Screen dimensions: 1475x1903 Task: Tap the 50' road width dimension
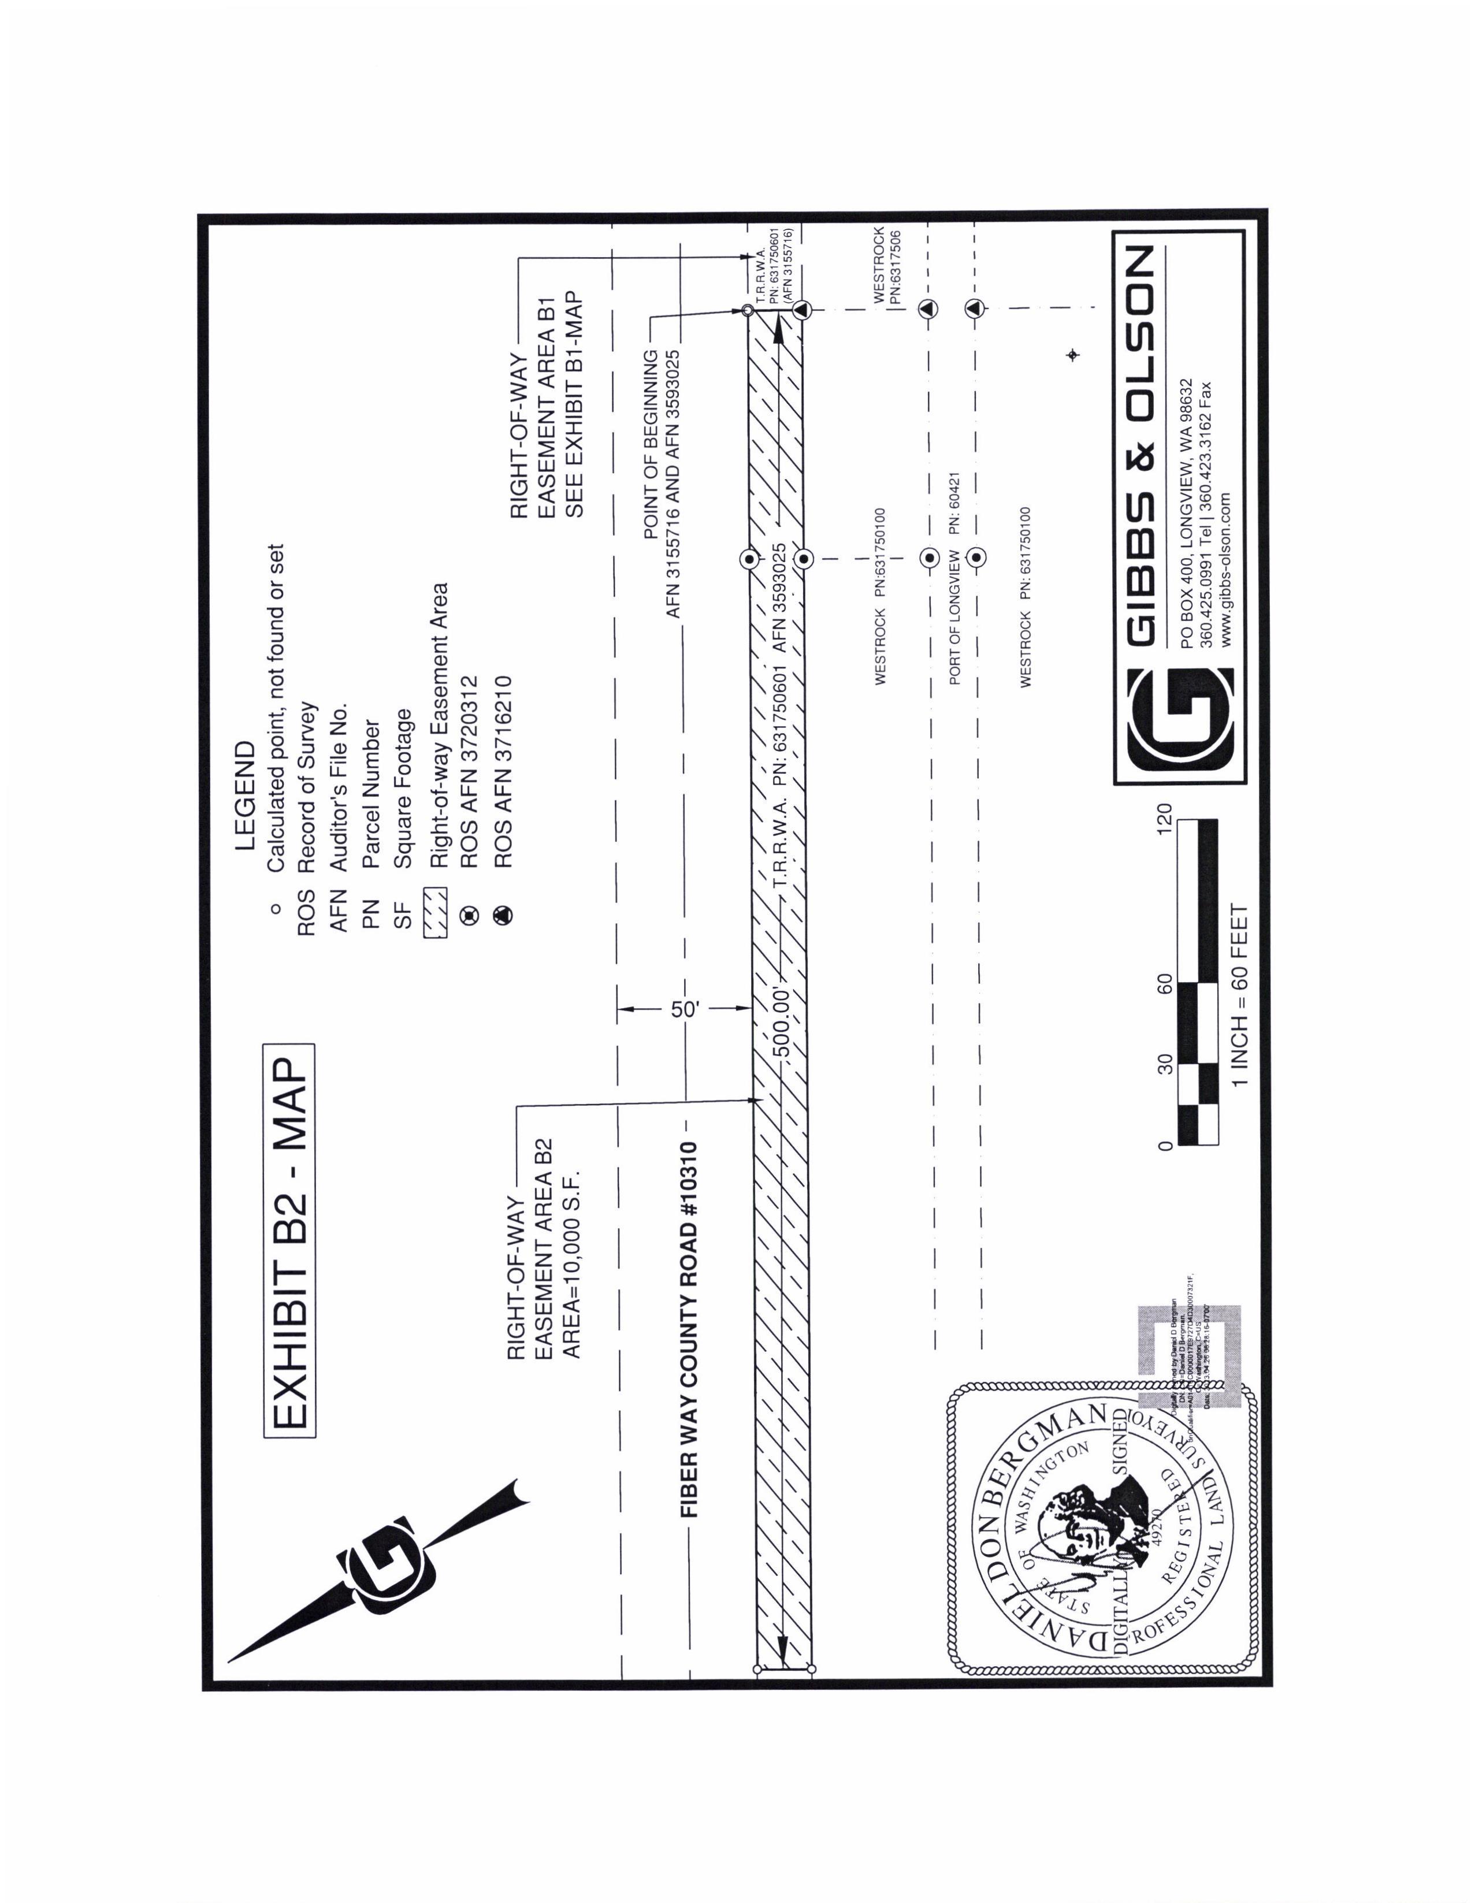pos(685,1010)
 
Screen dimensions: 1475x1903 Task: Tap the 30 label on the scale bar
pos(1165,1063)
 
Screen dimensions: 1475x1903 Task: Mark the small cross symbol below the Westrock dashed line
pos(1072,355)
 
